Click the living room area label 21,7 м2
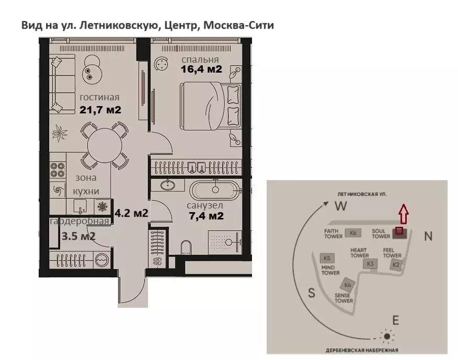click(x=100, y=110)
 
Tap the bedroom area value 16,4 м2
click(x=201, y=68)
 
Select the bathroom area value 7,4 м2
click(x=205, y=215)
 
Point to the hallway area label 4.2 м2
click(x=132, y=213)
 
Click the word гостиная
click(x=99, y=97)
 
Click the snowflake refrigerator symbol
click(x=102, y=206)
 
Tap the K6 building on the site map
click(x=353, y=233)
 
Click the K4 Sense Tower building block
click(x=347, y=285)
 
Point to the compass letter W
click(x=341, y=206)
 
